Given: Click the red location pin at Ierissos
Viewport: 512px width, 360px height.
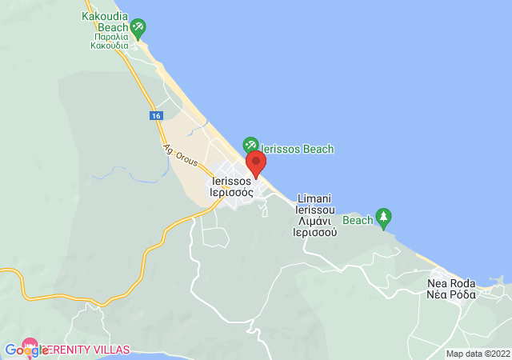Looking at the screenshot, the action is [256, 164].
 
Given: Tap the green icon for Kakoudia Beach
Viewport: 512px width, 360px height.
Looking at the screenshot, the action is [138, 28].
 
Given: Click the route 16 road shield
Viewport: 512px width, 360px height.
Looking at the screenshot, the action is [154, 116].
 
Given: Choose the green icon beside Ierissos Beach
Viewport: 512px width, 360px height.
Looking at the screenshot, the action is [250, 146].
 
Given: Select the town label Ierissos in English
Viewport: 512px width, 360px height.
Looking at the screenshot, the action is [231, 181].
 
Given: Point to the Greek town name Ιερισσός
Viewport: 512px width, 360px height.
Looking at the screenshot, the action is [231, 192].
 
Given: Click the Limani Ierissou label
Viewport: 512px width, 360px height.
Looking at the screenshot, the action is [314, 203].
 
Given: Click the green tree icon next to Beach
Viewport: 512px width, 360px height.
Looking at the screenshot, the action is [384, 216].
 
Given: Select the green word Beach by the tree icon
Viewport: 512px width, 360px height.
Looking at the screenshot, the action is [358, 220].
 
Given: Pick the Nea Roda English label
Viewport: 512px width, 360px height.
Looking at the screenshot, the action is [451, 283].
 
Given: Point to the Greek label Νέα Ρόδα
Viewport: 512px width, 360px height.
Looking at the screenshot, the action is [451, 294].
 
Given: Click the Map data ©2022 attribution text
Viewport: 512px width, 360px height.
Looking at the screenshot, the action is [478, 354].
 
